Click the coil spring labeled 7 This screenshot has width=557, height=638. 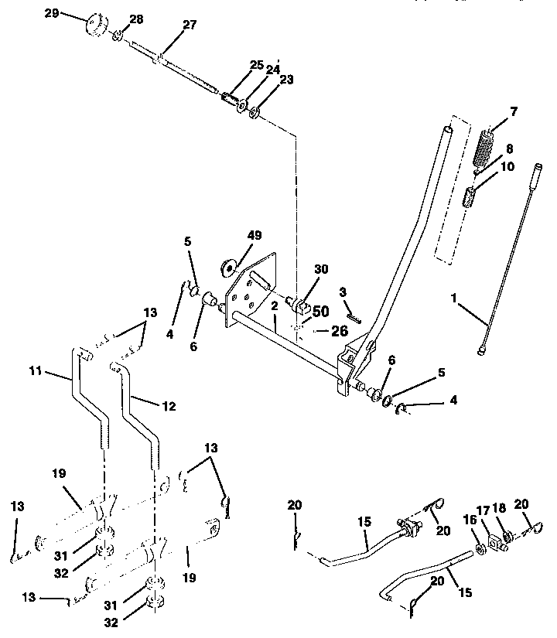pos(484,146)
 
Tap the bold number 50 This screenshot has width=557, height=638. pos(320,311)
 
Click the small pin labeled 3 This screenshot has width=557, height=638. pos(353,316)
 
